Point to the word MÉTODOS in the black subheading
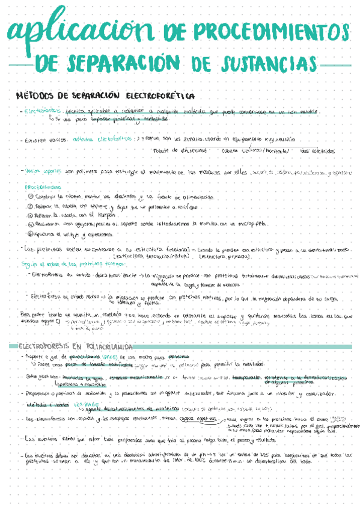click(x=35, y=96)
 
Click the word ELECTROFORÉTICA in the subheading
click(x=160, y=96)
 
